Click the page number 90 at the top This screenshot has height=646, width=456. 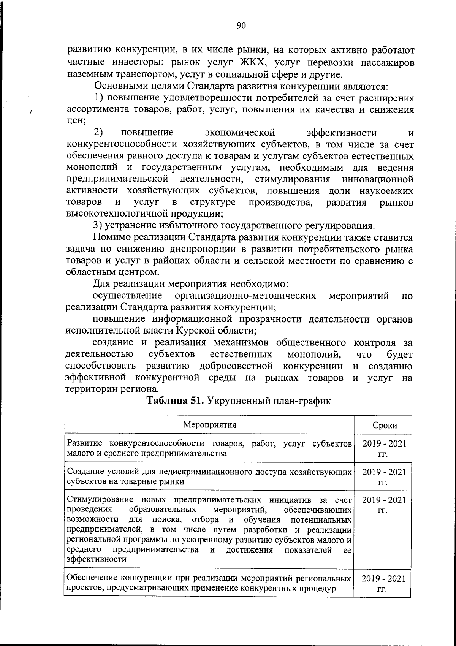pyautogui.click(x=241, y=25)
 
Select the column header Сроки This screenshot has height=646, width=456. pyautogui.click(x=385, y=425)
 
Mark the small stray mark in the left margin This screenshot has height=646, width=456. pyautogui.click(x=32, y=111)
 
